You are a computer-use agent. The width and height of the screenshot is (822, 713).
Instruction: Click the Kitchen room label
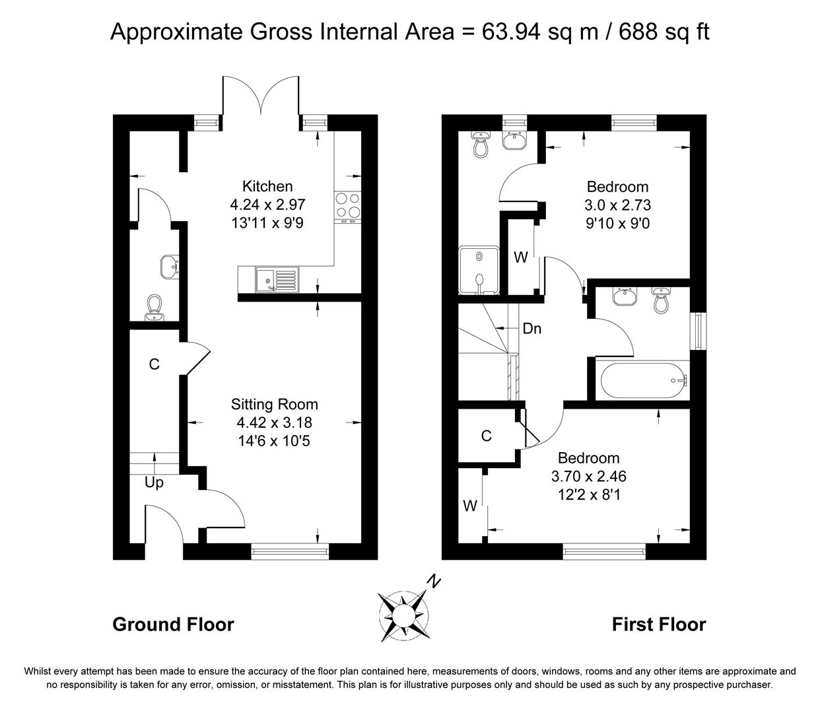(x=267, y=186)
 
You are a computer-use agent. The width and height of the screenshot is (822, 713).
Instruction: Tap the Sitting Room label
(x=274, y=404)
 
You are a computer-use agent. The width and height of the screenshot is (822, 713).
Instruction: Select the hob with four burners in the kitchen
(x=347, y=205)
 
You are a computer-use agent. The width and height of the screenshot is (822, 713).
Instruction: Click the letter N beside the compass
(x=433, y=581)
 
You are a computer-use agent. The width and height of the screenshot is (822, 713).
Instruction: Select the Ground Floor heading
(x=173, y=624)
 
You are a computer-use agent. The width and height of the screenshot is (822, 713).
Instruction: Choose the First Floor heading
(x=658, y=624)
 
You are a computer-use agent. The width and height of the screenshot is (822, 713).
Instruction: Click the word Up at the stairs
(x=154, y=483)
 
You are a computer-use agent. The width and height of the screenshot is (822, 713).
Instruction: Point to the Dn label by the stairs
(x=531, y=328)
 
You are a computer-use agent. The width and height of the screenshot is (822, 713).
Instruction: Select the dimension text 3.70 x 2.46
(x=588, y=476)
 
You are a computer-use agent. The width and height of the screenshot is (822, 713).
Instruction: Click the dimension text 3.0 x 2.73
(x=617, y=205)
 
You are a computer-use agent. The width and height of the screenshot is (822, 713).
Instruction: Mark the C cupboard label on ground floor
(x=154, y=364)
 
